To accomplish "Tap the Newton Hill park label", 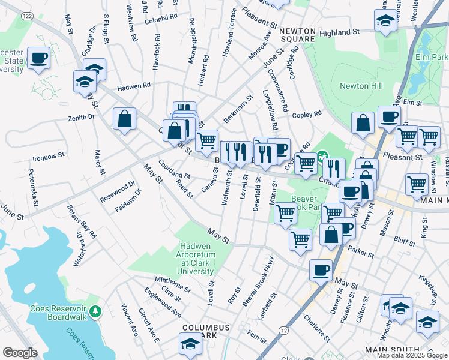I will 361,86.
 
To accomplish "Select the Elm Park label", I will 432,58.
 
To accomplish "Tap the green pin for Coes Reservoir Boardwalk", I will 98,312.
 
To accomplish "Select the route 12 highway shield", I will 283,331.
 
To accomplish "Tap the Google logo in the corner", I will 19,353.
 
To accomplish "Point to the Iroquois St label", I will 48,157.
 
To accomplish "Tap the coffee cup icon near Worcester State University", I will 38,58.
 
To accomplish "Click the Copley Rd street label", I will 308,114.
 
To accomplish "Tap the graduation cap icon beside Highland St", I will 384,20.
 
